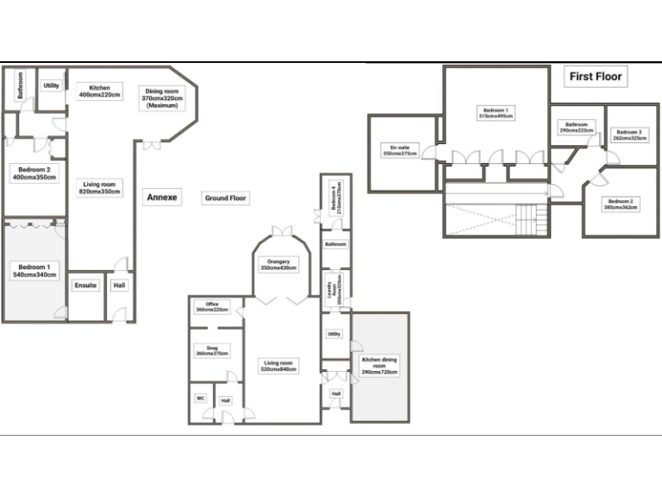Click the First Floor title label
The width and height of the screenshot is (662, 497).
coord(596,77)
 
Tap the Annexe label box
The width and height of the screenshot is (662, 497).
coord(161,198)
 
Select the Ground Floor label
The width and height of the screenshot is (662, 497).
coord(226,198)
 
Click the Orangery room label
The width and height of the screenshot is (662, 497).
coord(278,265)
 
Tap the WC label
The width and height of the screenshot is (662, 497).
coord(200,399)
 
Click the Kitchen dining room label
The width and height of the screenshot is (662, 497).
coord(379,367)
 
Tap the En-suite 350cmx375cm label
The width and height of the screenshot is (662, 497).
coord(398,151)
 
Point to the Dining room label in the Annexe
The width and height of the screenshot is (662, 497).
coord(161,98)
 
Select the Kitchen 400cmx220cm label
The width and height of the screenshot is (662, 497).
coord(98,91)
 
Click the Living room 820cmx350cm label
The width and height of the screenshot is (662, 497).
coord(99,188)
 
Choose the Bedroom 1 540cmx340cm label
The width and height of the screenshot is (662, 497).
coord(34,271)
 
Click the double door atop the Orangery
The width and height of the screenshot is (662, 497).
coord(278,231)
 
